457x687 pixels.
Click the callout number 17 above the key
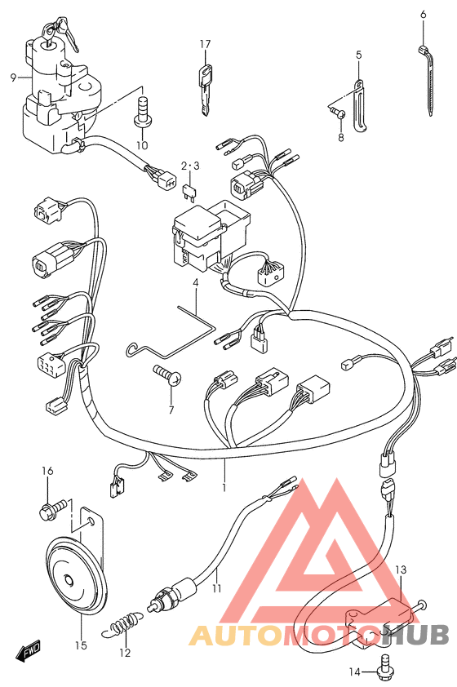(x=205, y=44)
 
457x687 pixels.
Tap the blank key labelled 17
(x=205, y=90)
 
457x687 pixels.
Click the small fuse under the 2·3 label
(x=189, y=192)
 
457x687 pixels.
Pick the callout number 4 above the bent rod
(x=195, y=283)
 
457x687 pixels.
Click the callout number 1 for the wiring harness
(x=224, y=487)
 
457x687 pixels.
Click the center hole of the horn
(x=68, y=582)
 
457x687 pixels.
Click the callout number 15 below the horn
(x=81, y=645)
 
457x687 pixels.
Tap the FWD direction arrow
(x=28, y=649)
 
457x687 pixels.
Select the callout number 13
(x=401, y=570)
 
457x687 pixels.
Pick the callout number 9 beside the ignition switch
(x=13, y=78)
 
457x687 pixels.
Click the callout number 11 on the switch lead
(x=217, y=588)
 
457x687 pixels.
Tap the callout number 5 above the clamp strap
(x=359, y=55)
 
